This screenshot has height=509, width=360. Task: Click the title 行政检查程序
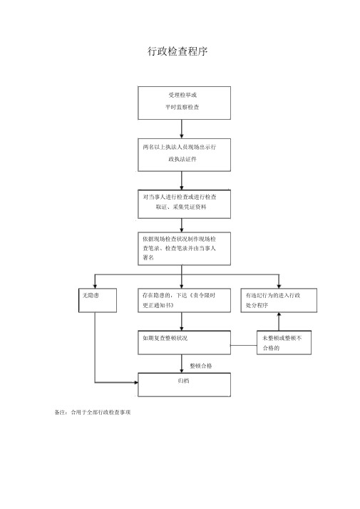pyautogui.click(x=178, y=51)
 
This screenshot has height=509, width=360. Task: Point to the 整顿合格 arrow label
pyautogui.click(x=201, y=366)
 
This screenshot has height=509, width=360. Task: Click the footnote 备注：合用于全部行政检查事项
pyautogui.click(x=93, y=412)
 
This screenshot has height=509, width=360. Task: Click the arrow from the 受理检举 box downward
pyautogui.click(x=182, y=129)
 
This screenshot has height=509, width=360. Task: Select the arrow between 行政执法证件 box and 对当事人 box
pyautogui.click(x=182, y=180)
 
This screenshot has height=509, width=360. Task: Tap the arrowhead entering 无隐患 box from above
pyautogui.click(x=95, y=286)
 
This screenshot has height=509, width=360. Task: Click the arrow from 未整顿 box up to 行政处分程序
pyautogui.click(x=279, y=322)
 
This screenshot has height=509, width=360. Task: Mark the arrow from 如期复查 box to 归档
pyautogui.click(x=182, y=364)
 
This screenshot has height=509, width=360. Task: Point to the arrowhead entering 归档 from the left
pyautogui.click(x=135, y=382)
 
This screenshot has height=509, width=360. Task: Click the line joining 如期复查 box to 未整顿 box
pyautogui.click(x=244, y=345)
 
